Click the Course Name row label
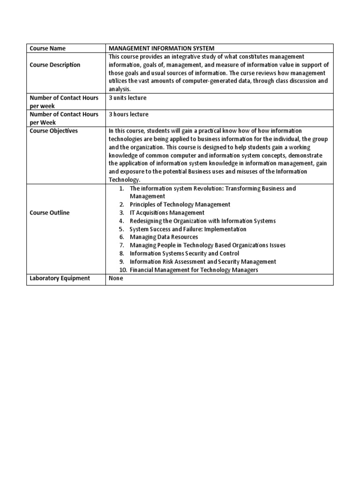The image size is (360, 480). (x=48, y=48)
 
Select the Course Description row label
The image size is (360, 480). (x=55, y=65)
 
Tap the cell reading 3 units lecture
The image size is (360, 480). (x=127, y=98)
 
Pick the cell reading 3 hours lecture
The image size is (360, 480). (x=128, y=114)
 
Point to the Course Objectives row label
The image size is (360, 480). (x=53, y=131)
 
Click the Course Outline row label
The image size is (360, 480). (x=49, y=213)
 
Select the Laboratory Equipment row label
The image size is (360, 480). (x=60, y=278)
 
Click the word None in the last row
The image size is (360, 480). (x=116, y=278)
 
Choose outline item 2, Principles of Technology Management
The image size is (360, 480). (x=180, y=204)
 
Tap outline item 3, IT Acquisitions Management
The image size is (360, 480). (x=167, y=213)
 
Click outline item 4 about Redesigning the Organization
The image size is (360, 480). (x=202, y=221)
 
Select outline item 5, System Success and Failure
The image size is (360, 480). (x=187, y=229)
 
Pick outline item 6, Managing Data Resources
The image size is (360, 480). (x=164, y=237)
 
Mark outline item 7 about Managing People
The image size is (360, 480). (x=207, y=245)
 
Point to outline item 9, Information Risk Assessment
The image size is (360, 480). (x=202, y=262)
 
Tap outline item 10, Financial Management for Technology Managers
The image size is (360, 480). (x=194, y=270)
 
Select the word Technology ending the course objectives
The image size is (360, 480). (x=124, y=180)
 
